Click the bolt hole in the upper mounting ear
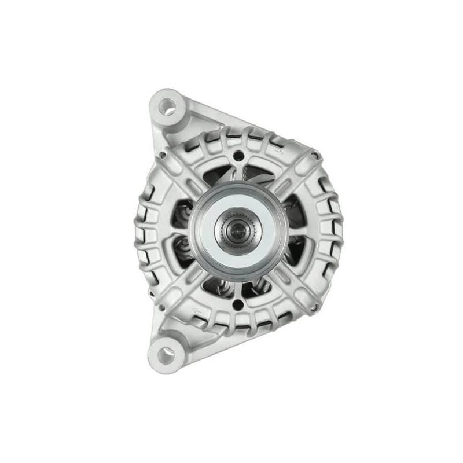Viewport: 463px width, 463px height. click(167, 106)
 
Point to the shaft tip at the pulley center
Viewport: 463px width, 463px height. click(238, 231)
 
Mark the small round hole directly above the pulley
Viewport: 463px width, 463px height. click(238, 156)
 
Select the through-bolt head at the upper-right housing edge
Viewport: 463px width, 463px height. click(315, 155)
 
